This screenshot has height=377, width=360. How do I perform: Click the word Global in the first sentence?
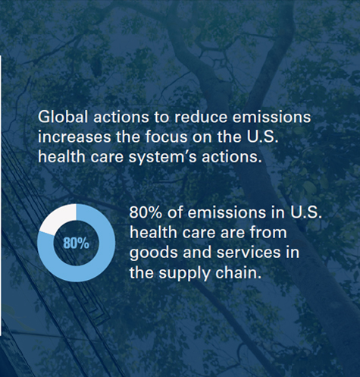click(x=62, y=118)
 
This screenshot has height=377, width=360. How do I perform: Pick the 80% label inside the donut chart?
click(x=76, y=243)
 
